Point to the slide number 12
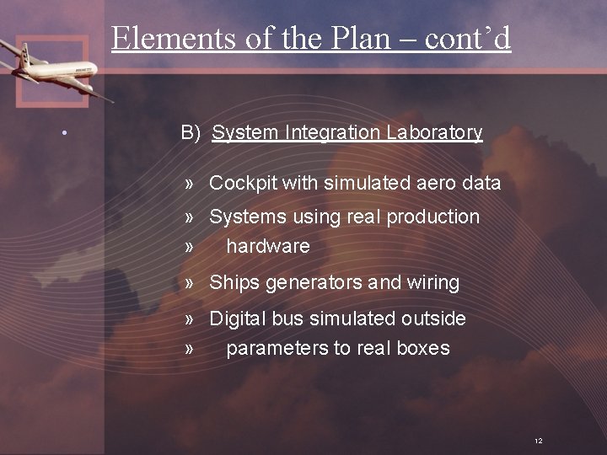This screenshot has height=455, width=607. click(x=539, y=441)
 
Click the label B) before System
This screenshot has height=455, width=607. click(x=191, y=132)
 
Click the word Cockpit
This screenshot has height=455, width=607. click(x=243, y=183)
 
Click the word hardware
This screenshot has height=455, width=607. click(x=268, y=246)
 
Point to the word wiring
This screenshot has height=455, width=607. click(x=432, y=283)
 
